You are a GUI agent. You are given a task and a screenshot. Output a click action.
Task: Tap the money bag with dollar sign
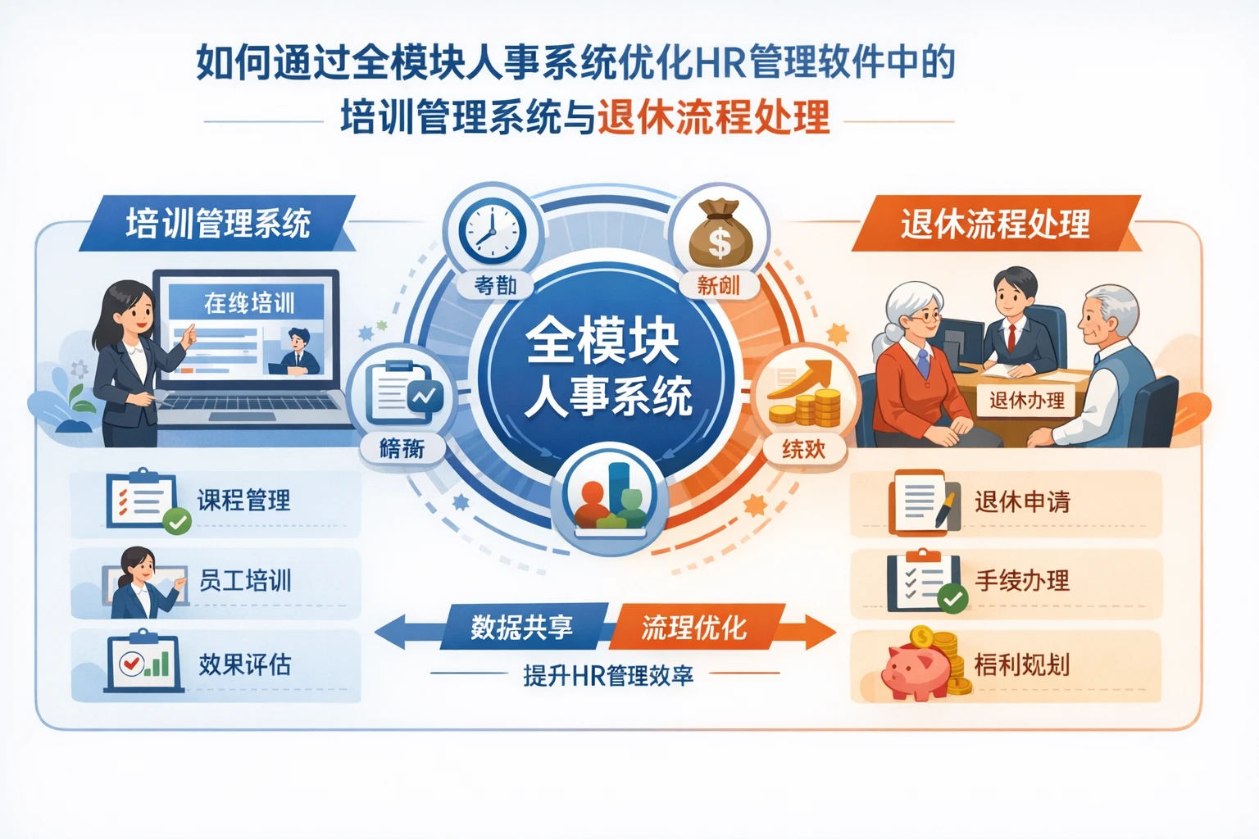[x=719, y=234]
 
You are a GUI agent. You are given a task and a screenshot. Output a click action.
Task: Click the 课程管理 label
[x=243, y=500]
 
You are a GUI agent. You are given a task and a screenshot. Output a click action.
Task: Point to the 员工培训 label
[x=245, y=581]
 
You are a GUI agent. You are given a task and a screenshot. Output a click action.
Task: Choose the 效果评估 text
[x=245, y=664]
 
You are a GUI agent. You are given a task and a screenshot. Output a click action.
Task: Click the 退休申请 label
[x=1022, y=501]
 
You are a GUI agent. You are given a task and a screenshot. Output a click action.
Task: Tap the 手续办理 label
[x=1022, y=581]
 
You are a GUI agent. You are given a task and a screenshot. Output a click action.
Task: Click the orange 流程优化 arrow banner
[x=694, y=628]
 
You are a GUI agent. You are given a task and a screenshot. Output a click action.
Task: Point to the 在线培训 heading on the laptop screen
[x=249, y=303]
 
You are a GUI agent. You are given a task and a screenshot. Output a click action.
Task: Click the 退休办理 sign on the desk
[x=1026, y=401]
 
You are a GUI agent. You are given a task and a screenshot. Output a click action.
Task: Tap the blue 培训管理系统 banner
[x=218, y=223]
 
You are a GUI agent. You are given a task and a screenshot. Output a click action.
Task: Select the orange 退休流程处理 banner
[x=995, y=223]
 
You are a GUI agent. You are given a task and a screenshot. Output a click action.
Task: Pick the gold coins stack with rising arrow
[x=804, y=397]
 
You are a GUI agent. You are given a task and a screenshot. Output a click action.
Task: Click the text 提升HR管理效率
[x=608, y=676]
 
